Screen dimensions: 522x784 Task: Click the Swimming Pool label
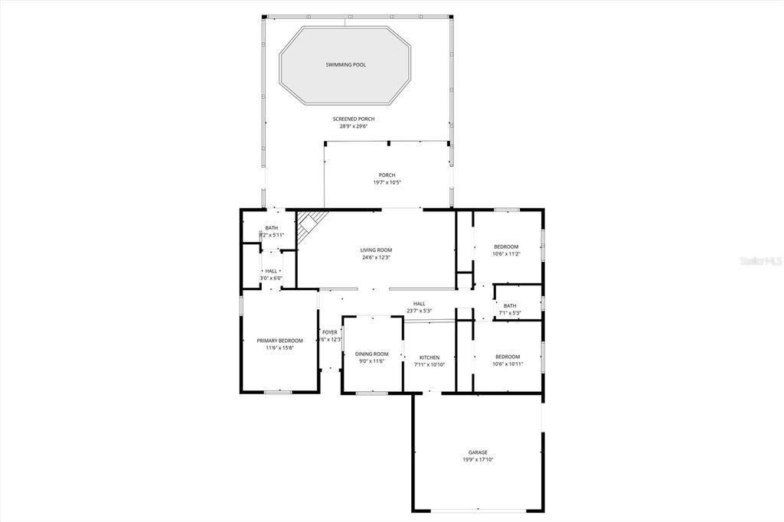[x=345, y=65]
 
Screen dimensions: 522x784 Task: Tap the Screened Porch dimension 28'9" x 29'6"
[x=354, y=126]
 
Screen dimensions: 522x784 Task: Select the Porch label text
[x=387, y=175]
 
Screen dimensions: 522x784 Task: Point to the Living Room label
[x=376, y=250]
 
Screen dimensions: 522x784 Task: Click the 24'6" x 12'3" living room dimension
[x=376, y=258]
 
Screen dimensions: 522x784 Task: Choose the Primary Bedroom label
[x=279, y=341]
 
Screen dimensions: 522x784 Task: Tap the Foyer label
[x=330, y=332]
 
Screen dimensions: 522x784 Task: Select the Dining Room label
[x=372, y=354]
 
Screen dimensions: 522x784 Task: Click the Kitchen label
[x=429, y=357]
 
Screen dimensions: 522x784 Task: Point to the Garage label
[x=478, y=452]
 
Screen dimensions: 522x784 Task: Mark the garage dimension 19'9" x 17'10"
[x=478, y=460]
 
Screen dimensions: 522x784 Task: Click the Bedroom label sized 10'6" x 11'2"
[x=506, y=246]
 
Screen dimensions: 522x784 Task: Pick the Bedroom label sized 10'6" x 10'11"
[x=507, y=357]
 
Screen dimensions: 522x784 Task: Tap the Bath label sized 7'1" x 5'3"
[x=510, y=306]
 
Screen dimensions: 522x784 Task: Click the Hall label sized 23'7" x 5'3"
[x=419, y=304]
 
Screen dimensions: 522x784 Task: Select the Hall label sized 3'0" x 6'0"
[x=271, y=271]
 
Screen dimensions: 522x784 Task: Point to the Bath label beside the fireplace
[x=272, y=228]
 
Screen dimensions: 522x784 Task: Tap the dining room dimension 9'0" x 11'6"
[x=371, y=361]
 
